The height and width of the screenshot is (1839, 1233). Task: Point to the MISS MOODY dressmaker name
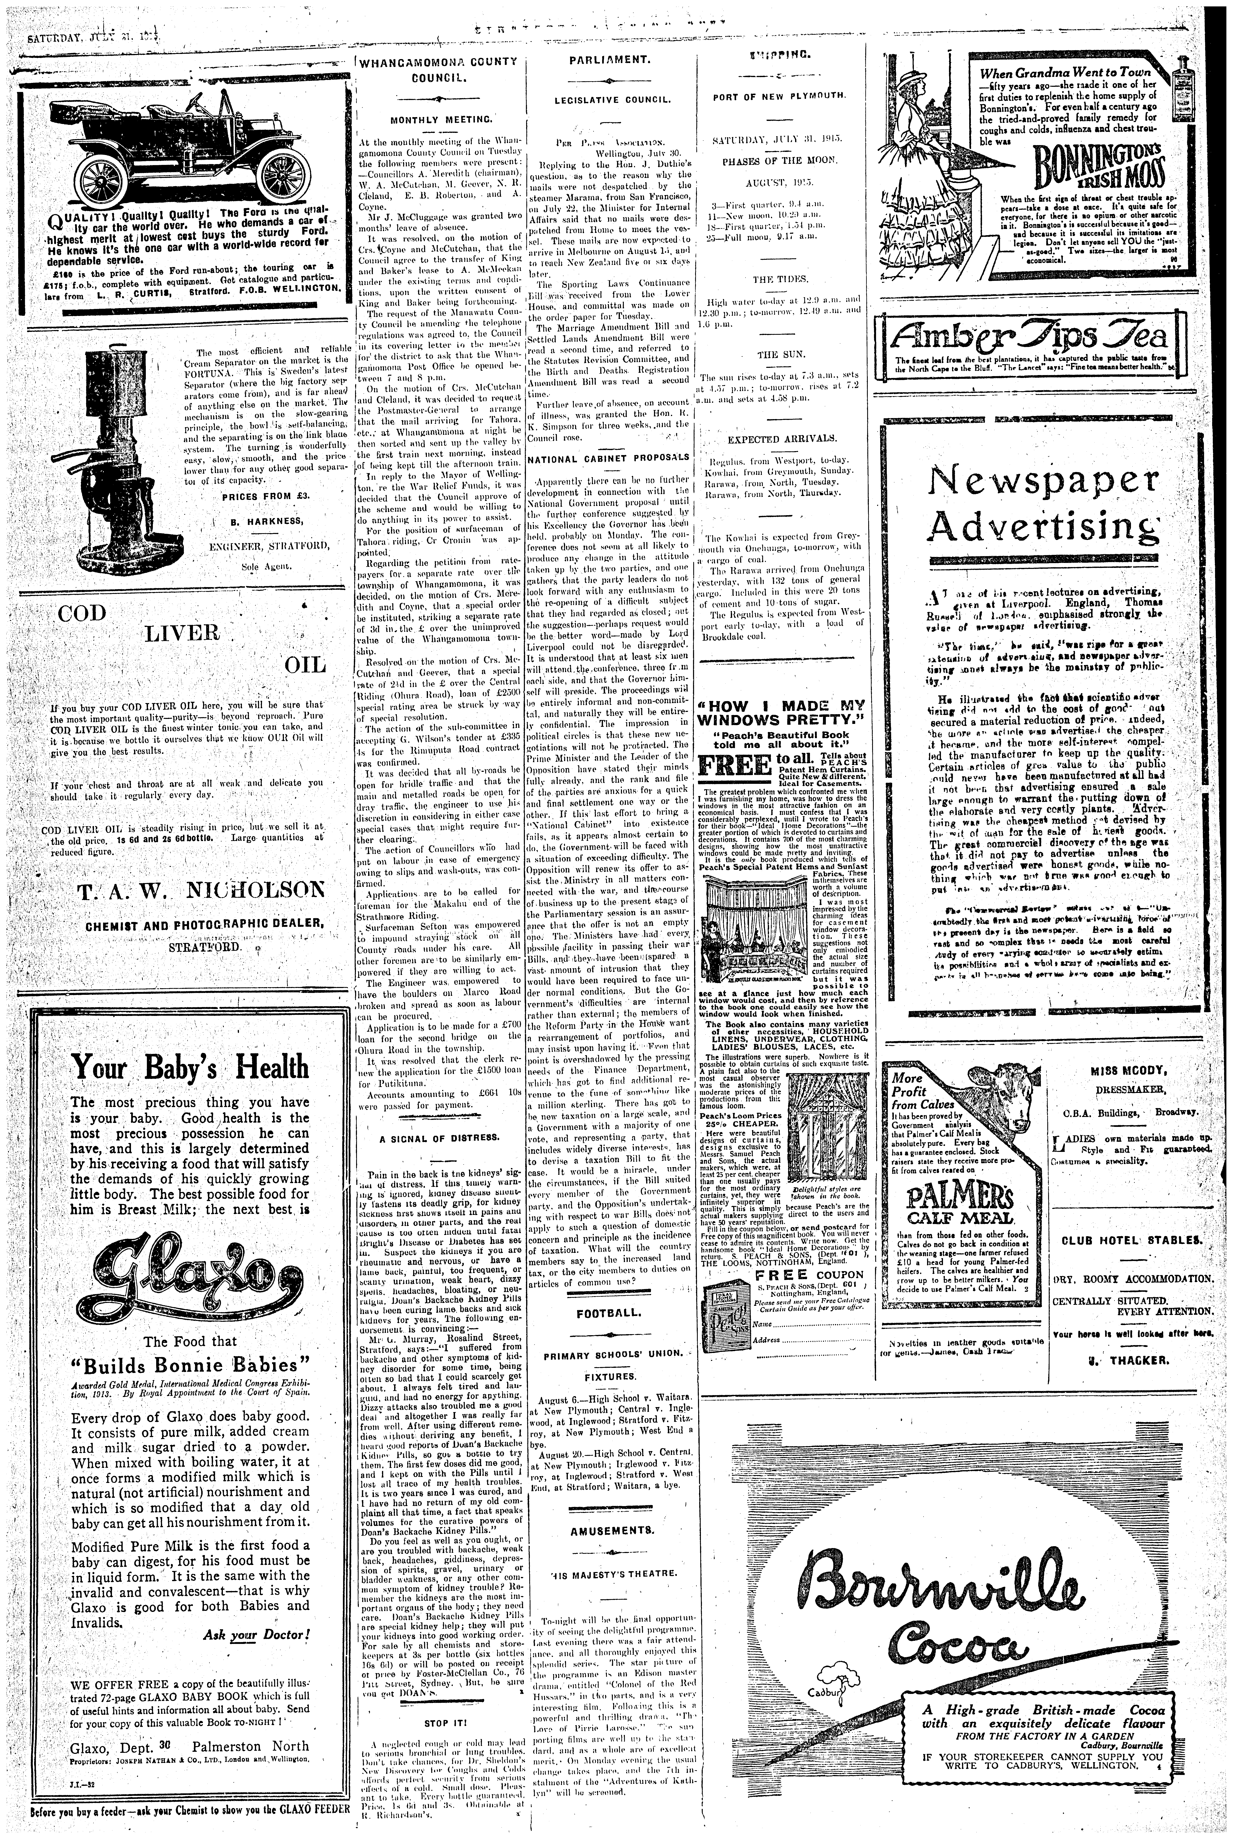1132,1071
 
